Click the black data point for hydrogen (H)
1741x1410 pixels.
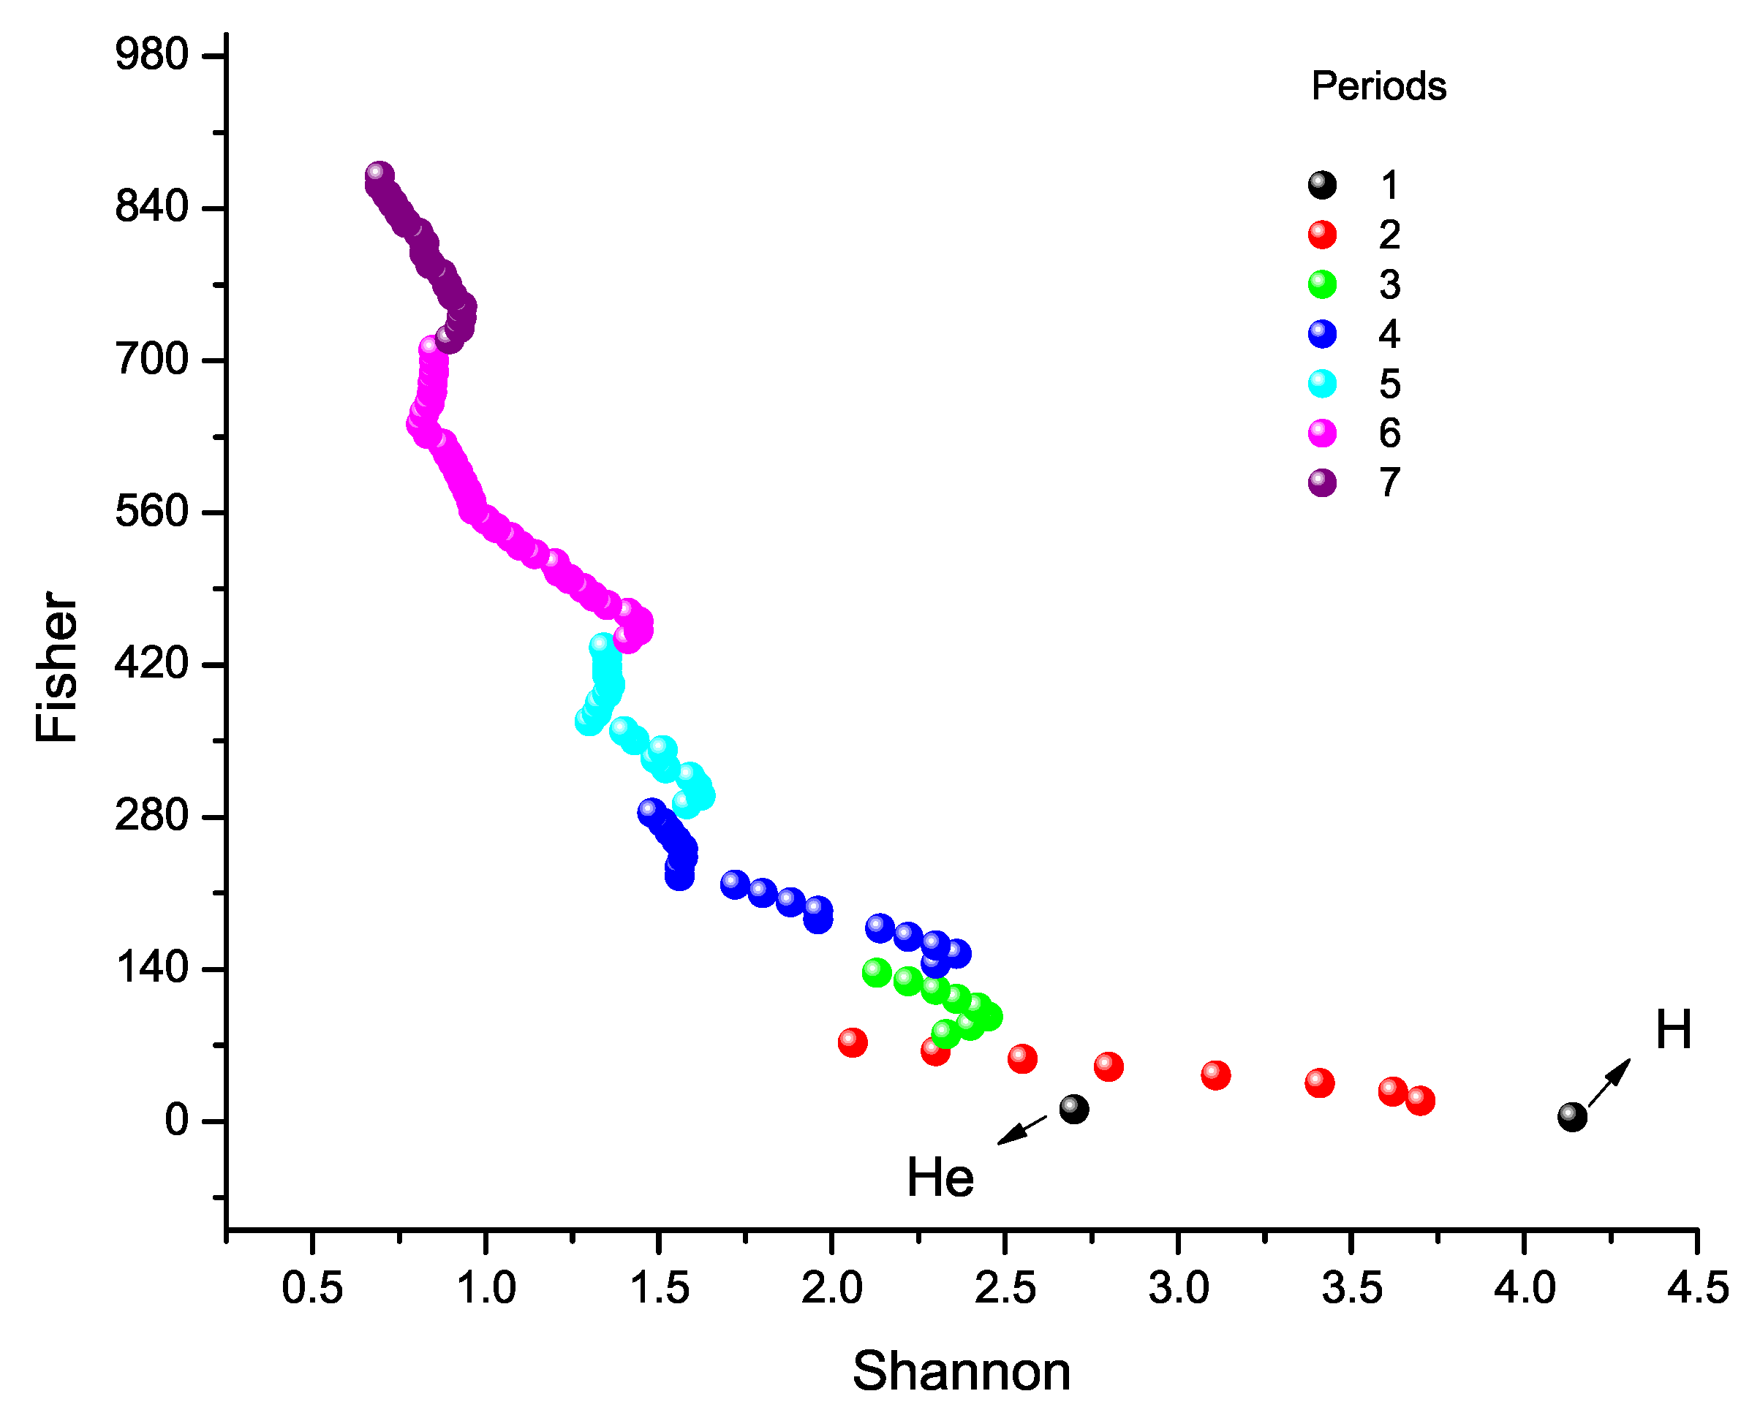pos(1571,1117)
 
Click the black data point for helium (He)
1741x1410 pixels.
pos(1074,1109)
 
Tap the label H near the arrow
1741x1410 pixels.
pos(1673,1031)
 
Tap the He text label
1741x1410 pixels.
pos(940,1178)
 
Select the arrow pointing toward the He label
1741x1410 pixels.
pos(1022,1130)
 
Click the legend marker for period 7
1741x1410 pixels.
pos(1322,483)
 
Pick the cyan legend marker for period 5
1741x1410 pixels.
pos(1322,383)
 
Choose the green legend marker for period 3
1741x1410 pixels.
pos(1322,284)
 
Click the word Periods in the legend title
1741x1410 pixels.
pos(1378,86)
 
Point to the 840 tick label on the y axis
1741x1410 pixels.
pos(152,207)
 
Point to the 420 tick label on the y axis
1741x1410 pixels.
pos(152,664)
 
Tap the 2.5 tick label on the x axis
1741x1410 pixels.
pos(1005,1288)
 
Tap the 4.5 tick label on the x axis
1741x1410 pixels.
pos(1697,1288)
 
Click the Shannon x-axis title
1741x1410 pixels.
pos(961,1372)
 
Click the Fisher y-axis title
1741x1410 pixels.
pos(57,666)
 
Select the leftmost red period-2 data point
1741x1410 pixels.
pos(851,1042)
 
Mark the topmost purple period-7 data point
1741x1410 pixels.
pos(379,175)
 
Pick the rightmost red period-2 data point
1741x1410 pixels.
pos(1419,1101)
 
